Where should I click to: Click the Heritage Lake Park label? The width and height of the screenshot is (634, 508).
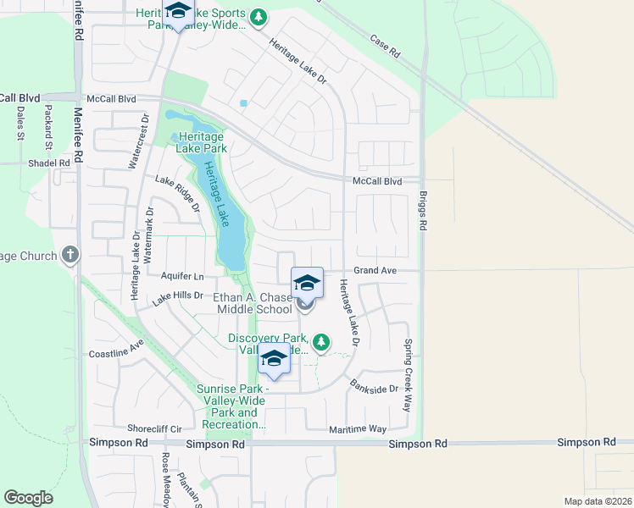tap(200, 142)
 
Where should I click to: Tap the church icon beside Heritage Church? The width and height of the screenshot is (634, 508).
tap(70, 255)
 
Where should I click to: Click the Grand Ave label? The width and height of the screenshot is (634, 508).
tap(375, 271)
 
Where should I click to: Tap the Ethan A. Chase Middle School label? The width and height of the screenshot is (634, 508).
tap(253, 303)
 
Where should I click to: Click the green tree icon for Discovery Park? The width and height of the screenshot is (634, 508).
tap(320, 342)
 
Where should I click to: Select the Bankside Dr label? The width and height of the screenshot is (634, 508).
tap(375, 388)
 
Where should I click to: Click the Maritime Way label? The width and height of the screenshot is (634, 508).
tap(358, 430)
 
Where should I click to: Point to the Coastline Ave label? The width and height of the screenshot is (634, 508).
tap(116, 353)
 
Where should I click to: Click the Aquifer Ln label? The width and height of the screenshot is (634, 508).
tap(182, 277)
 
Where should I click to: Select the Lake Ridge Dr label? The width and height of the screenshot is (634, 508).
tap(177, 192)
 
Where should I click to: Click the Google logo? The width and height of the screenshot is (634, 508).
tap(28, 498)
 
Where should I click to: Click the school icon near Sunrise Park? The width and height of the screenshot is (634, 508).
tap(274, 360)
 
